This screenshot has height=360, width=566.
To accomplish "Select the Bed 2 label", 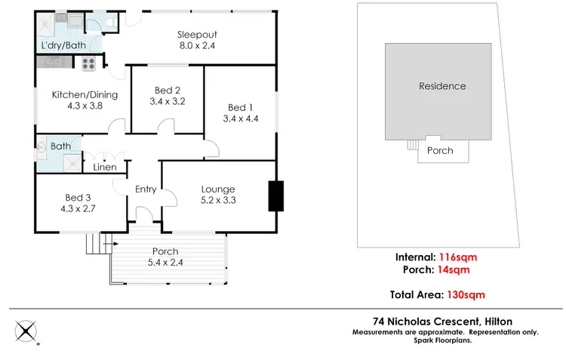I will coord(168,89).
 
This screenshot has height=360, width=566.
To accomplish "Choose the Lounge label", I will coord(217,189).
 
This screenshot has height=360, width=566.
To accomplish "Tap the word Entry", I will coord(146,189).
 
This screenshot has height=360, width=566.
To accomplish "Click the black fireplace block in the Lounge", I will coord(275,196).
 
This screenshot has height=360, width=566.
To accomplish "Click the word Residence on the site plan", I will coord(442,86).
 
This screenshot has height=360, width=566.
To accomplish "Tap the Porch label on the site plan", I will coord(440,150).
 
